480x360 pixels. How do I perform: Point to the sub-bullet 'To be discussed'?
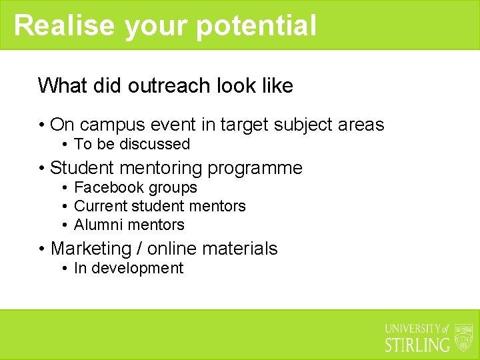pos(132,144)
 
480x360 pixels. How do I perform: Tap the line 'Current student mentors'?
pos(160,206)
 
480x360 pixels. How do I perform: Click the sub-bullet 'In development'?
pos(129,268)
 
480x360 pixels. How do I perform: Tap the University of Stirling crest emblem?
pos(463,337)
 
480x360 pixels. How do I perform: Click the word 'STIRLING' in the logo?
pos(418,345)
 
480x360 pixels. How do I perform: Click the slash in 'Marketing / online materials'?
pos(139,249)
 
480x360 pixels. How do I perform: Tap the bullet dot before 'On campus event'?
pos(41,125)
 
